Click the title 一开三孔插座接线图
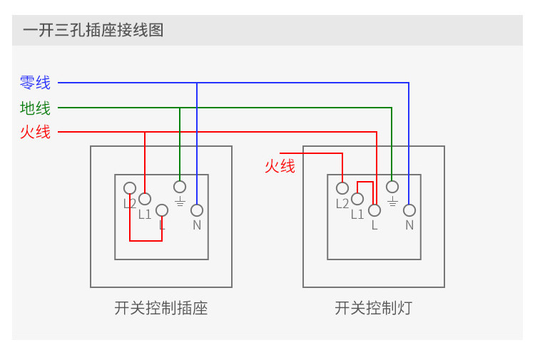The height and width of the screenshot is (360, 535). [93, 31]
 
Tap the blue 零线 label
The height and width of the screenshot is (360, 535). [36, 83]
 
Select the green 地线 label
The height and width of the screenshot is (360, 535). [36, 108]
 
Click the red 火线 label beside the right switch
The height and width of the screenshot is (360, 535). [280, 166]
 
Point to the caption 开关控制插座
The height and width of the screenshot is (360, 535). [160, 309]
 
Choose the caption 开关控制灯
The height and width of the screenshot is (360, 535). [373, 309]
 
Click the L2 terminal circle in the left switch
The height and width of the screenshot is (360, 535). [130, 188]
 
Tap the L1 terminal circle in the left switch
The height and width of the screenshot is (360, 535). [145, 199]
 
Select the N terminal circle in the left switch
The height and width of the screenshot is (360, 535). [197, 210]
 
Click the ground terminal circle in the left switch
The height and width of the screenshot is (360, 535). [180, 187]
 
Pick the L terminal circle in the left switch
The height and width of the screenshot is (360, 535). [162, 210]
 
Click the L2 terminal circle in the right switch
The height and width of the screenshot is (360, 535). [342, 188]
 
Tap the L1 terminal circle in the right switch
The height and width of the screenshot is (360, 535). [357, 199]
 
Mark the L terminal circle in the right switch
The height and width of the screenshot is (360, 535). [374, 210]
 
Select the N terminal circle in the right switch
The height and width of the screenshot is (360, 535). [409, 210]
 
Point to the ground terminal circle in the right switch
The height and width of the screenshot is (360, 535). [392, 187]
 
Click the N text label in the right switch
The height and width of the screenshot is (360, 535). [409, 225]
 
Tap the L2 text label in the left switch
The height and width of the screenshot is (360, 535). [129, 203]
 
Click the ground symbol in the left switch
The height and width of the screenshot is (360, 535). [180, 202]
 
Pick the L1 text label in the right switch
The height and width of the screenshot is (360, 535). [357, 214]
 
